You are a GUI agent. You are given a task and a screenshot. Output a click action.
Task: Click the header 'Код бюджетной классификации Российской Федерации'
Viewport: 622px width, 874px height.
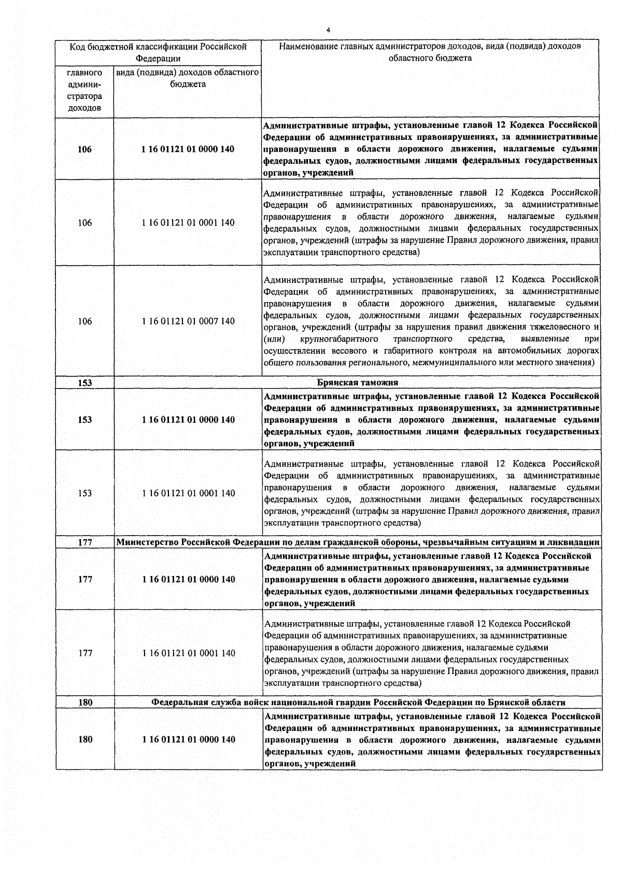158,52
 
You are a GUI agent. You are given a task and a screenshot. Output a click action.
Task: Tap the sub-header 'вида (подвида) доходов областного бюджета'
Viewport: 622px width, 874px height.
188,78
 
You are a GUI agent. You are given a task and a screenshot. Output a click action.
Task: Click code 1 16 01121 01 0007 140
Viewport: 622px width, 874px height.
188,321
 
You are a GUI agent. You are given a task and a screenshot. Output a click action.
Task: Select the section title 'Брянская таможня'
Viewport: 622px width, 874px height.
357,382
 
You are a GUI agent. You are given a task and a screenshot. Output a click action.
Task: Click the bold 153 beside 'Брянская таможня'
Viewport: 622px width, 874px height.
84,383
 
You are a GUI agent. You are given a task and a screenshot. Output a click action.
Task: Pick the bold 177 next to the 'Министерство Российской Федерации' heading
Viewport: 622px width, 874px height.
84,542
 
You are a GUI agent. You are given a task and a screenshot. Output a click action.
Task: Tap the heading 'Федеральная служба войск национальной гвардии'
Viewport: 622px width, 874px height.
358,703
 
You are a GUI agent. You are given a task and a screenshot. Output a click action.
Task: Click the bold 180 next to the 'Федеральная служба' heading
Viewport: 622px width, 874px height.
84,703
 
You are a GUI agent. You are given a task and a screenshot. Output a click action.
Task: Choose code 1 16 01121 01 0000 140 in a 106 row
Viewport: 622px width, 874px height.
188,149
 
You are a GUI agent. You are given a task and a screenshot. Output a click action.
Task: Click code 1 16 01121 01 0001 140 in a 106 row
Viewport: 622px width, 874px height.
188,223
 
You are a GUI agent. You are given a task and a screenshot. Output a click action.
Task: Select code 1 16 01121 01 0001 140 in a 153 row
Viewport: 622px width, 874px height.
188,493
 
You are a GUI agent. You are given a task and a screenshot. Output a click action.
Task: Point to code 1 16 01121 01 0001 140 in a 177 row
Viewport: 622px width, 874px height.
188,653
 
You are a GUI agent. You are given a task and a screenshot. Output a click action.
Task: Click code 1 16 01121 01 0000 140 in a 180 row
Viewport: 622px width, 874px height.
188,739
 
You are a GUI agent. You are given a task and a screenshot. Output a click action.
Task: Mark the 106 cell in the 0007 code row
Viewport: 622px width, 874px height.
84,321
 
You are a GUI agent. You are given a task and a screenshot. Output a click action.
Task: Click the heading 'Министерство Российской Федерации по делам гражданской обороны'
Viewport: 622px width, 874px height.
358,542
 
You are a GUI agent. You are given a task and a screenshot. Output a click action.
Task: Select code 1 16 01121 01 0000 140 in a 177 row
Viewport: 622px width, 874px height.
188,579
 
